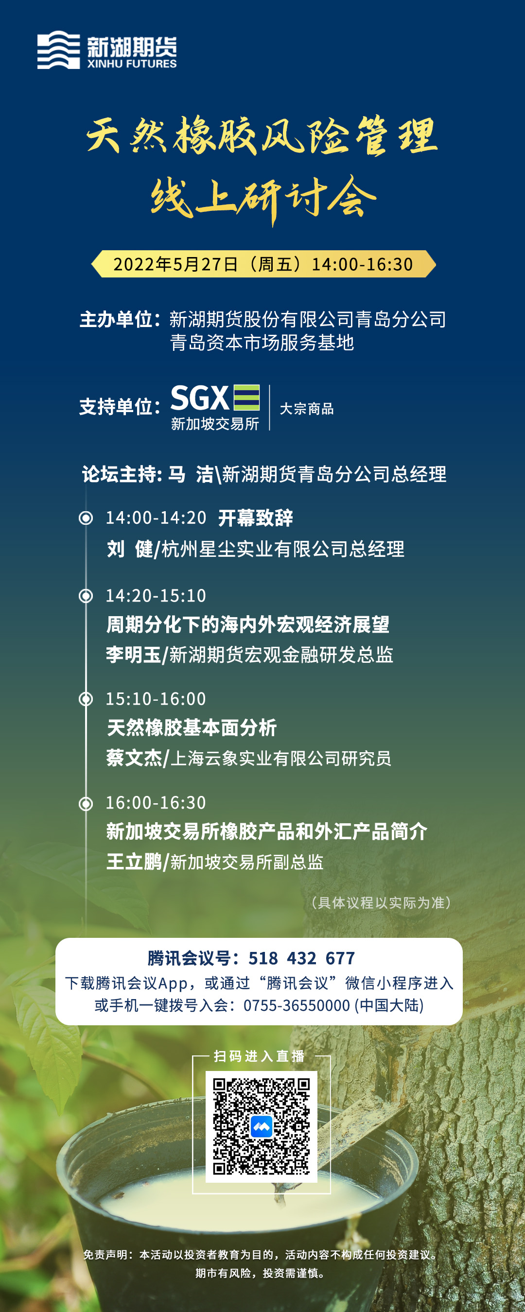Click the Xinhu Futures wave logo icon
point(59,50)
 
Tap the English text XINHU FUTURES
point(132,64)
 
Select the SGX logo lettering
point(199,397)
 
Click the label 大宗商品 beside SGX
point(306,409)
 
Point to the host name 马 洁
point(191,474)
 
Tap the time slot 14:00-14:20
point(156,518)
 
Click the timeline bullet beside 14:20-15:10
point(86,595)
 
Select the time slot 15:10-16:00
point(156,699)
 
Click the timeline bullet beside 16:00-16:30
point(86,803)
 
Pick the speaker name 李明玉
point(134,655)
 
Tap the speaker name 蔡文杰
point(134,758)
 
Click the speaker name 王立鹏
point(134,862)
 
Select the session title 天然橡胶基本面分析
point(192,727)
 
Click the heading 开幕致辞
point(255,518)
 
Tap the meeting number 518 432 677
point(301,958)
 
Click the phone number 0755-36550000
point(297,1005)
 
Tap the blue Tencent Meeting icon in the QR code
point(262,1126)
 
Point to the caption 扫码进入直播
point(259,1056)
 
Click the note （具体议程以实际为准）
point(380,902)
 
